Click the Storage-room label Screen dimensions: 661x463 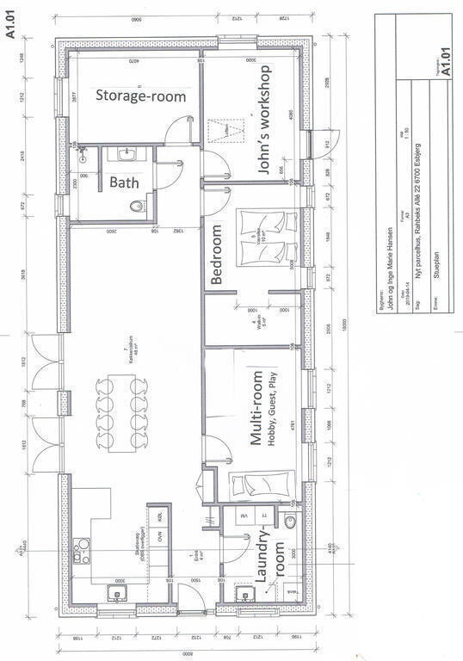coord(140,96)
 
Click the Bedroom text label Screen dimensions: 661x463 coord(218,255)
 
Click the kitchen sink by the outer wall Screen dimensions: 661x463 coord(113,592)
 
